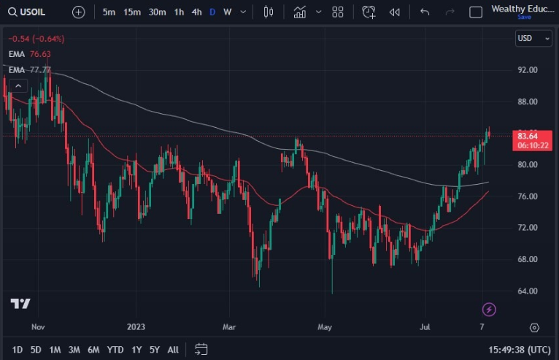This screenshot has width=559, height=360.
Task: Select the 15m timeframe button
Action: (x=132, y=12)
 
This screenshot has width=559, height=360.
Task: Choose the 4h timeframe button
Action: (x=196, y=12)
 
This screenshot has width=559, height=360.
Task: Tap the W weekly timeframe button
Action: (x=228, y=12)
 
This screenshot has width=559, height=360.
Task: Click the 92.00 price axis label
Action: (x=527, y=70)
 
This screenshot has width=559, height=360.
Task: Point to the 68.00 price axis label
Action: (x=527, y=259)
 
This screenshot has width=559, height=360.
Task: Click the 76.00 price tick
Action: (x=527, y=196)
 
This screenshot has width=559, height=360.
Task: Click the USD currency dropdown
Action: (x=533, y=38)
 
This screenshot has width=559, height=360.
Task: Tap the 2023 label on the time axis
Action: (x=136, y=328)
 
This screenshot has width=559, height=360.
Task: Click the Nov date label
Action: (x=39, y=328)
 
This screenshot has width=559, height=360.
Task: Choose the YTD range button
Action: (x=115, y=350)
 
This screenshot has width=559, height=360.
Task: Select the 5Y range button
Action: (x=154, y=350)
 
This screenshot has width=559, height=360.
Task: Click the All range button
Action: (x=173, y=350)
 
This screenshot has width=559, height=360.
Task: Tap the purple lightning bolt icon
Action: (x=490, y=310)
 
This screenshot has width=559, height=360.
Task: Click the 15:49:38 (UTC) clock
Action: (x=519, y=350)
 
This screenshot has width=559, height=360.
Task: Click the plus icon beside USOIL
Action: (x=79, y=12)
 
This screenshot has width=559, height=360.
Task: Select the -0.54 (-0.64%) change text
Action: (x=36, y=39)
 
